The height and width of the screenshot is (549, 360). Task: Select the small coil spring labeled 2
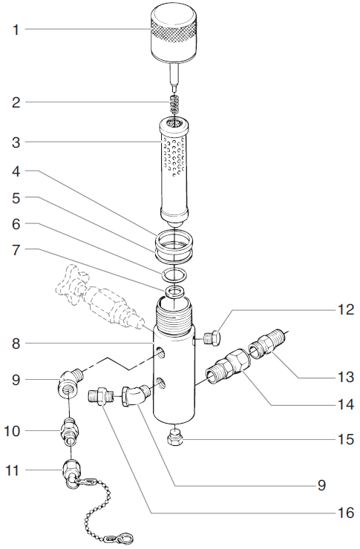172,105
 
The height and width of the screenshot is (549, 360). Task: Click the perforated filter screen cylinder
175,167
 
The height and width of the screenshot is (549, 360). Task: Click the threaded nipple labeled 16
102,395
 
